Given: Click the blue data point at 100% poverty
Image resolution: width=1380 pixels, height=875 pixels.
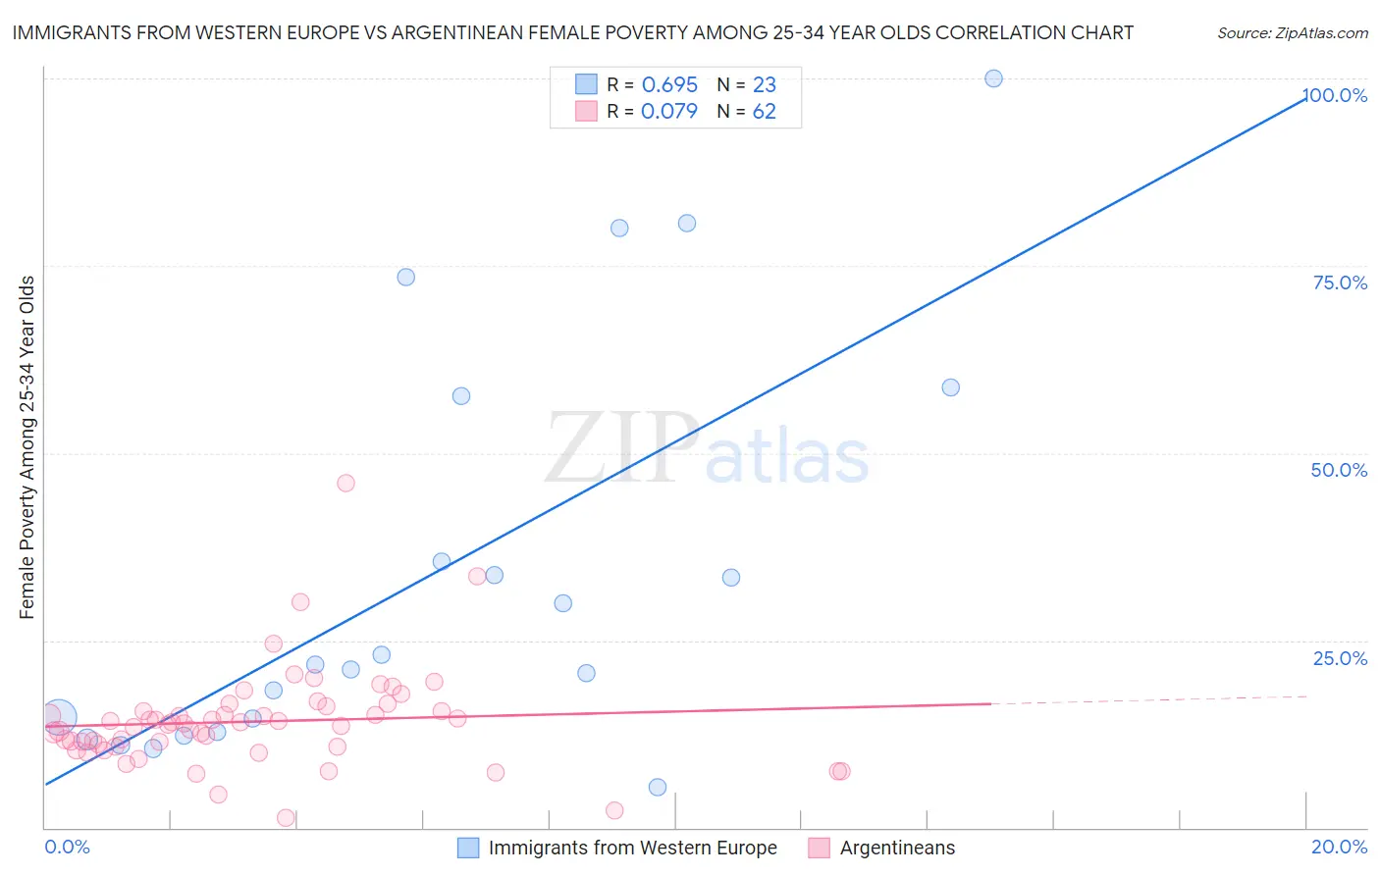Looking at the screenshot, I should point(993,78).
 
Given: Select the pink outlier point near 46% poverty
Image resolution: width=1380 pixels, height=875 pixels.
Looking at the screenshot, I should point(345,483).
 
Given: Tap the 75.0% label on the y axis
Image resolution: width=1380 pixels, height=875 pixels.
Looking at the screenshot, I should point(1340,283).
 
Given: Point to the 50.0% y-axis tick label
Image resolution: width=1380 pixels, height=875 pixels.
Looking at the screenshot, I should point(1339,470).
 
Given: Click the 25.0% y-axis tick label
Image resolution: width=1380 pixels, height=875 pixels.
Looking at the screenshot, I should point(1340,658).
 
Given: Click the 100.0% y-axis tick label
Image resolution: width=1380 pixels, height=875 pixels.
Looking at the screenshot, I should point(1335,95).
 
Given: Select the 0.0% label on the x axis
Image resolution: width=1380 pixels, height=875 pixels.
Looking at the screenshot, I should point(67,847).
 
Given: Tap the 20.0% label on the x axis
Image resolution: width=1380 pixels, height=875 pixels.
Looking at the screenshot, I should point(1339,847).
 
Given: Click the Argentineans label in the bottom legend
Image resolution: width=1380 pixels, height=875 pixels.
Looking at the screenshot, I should point(897,848).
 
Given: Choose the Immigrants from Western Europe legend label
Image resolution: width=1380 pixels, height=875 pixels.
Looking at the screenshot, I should point(632,848).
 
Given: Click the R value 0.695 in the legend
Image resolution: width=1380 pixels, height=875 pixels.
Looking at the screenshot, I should point(669,84).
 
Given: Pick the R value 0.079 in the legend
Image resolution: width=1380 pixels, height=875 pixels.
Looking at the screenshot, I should point(669,111).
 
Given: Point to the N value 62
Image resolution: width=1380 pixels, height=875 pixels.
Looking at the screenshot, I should point(764,111).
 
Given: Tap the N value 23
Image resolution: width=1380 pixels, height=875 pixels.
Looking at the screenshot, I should point(764,84).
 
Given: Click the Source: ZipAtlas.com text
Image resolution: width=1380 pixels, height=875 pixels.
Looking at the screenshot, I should point(1292,32).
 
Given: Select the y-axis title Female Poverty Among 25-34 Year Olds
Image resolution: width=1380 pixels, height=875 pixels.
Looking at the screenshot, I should point(27,447).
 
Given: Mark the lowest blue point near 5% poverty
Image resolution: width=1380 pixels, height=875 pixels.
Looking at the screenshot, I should point(658,787).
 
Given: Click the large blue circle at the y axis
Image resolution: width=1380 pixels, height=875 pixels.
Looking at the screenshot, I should point(58,718).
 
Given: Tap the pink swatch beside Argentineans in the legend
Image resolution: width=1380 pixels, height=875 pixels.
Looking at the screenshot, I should point(819,848).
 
